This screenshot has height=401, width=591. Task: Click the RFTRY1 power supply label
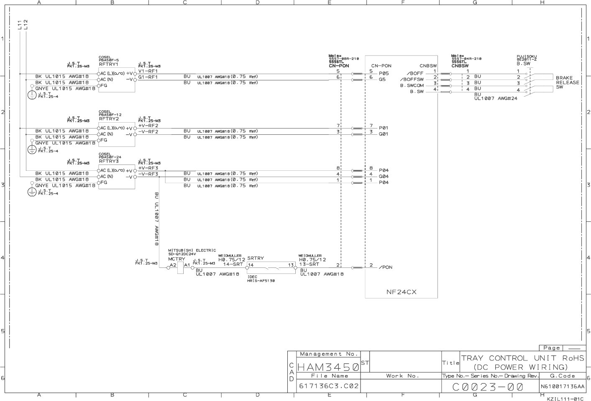point(108,64)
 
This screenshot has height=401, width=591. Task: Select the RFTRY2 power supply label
point(109,119)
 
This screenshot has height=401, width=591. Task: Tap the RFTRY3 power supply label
point(109,161)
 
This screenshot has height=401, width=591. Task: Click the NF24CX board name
point(401,292)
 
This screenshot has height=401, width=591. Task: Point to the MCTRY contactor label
point(176,259)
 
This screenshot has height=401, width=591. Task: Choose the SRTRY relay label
point(256,258)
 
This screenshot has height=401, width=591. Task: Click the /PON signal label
point(386,267)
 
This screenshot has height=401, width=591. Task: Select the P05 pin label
point(384,73)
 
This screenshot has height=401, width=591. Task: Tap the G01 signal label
point(384,134)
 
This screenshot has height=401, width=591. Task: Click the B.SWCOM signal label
point(412,85)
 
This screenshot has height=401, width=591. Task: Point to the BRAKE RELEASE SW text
point(567,82)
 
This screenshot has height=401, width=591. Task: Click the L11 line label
point(20,25)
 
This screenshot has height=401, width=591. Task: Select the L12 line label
point(26,25)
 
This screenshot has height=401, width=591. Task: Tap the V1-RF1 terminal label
point(148,71)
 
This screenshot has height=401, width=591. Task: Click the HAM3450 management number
point(328,368)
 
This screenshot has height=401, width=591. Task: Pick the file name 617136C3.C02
point(328,386)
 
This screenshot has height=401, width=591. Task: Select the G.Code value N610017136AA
point(562,386)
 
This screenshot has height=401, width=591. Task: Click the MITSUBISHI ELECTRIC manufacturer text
point(192,250)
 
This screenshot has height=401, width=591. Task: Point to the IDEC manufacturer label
point(252,277)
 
